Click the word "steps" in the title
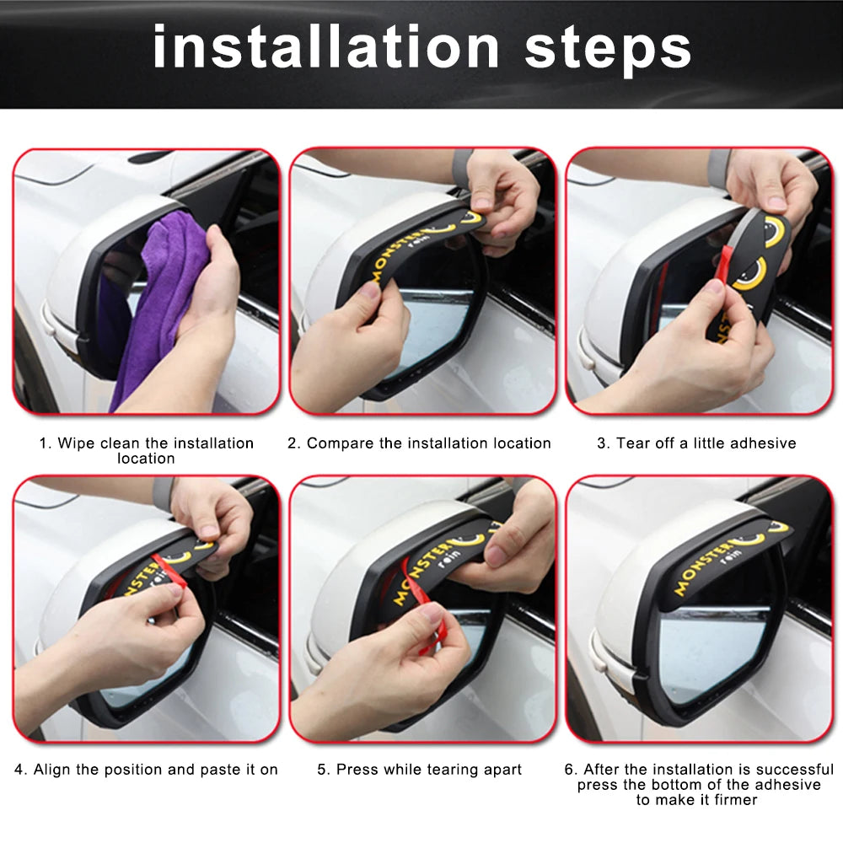click(x=607, y=49)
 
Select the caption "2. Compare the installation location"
click(x=419, y=443)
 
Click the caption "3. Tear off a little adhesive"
click(x=696, y=443)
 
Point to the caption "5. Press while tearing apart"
click(x=419, y=770)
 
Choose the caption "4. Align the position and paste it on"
click(x=146, y=770)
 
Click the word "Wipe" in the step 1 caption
click(x=77, y=443)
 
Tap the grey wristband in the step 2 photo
click(x=462, y=164)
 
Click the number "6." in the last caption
click(x=571, y=770)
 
